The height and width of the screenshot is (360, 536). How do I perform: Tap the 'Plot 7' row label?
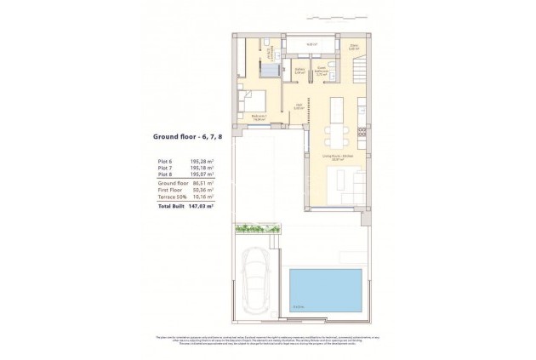pos(165,168)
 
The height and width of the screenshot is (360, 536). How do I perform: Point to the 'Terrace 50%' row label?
pos(170,197)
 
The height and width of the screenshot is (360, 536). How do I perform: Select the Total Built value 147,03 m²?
pos(199,206)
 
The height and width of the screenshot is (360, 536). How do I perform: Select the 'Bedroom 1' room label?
pos(259,117)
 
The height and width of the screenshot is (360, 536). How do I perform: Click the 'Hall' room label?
pos(299,106)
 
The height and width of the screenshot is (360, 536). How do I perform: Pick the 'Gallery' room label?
pos(299,72)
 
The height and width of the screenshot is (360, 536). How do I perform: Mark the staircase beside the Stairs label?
pos(362,63)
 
